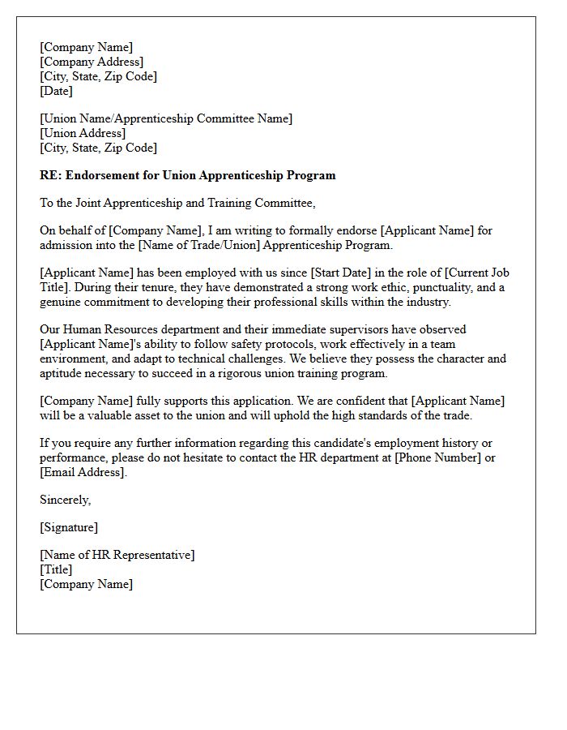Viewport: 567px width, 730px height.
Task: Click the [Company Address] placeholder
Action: tap(92, 62)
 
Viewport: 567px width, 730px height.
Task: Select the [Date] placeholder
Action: tap(56, 91)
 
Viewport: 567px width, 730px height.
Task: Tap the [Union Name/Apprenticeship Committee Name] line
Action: tap(166, 118)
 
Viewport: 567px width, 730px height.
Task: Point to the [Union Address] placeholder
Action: tap(83, 133)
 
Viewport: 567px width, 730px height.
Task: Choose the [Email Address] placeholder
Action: tap(83, 472)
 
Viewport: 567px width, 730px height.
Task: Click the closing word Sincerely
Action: tap(65, 500)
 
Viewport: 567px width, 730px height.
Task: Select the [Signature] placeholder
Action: tap(69, 527)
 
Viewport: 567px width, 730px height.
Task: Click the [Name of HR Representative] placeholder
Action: tap(117, 555)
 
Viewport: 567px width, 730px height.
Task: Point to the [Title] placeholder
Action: tap(56, 569)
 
